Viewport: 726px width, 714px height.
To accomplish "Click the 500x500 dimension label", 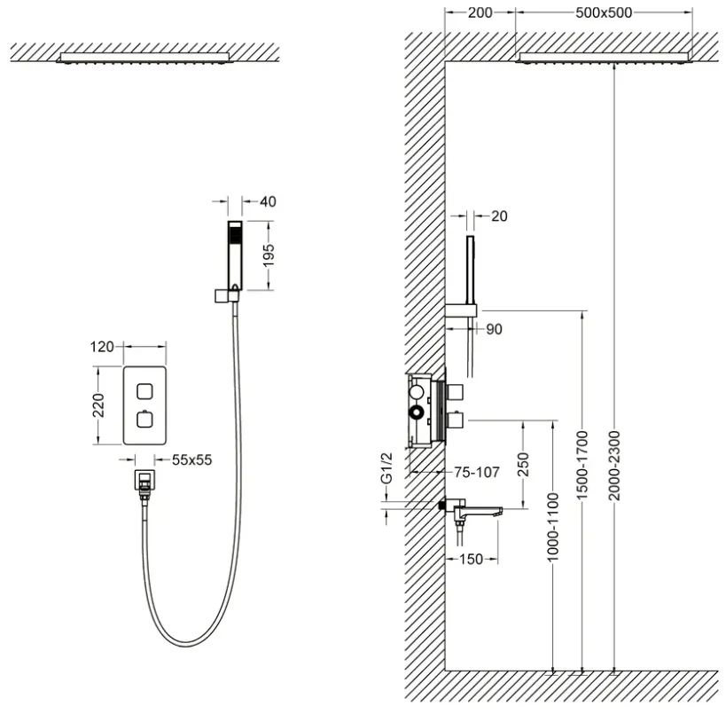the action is coord(604,12).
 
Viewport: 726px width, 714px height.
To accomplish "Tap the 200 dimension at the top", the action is coord(480,12).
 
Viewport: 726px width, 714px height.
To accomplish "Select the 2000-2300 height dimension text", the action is coord(614,466).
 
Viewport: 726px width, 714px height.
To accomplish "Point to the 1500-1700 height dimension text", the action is coord(582,466).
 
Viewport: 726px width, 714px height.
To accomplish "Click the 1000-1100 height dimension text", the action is coord(553,527).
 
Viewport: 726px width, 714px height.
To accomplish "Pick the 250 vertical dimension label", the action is coord(523,465).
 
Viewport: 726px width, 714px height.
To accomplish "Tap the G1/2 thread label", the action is coord(386,468).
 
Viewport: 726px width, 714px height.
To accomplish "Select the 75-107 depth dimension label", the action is coord(476,472).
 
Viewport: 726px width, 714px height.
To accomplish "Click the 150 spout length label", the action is coord(471,560).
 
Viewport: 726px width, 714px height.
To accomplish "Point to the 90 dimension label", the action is coord(494,329).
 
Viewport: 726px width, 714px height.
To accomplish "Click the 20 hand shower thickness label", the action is coord(499,216).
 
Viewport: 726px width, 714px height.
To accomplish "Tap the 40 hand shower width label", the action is coord(268,201).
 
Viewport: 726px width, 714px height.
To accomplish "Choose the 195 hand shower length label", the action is coord(268,255).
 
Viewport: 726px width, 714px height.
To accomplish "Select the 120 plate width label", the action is coord(102,347).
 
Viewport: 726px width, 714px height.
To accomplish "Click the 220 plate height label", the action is coord(98,405).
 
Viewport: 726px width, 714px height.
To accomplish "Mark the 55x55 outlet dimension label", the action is coord(191,459).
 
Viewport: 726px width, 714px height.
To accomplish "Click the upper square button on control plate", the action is coord(144,391).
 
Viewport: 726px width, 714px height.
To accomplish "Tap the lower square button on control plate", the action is coord(144,420).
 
